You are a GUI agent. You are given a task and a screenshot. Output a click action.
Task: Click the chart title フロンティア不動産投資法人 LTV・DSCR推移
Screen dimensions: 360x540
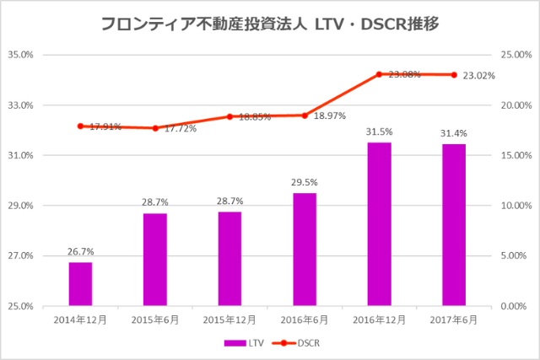269,24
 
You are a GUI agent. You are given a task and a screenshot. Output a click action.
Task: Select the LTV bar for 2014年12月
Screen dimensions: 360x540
80,284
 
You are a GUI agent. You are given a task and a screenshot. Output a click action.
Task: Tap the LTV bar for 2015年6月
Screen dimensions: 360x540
155,260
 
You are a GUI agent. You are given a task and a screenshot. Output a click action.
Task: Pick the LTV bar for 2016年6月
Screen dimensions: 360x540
305,250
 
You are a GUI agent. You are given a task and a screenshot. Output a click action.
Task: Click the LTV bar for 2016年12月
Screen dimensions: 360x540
379,224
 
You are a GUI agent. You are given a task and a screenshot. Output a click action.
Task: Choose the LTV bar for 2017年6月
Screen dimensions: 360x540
454,225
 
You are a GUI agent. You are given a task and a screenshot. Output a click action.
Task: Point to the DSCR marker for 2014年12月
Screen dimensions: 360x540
80,126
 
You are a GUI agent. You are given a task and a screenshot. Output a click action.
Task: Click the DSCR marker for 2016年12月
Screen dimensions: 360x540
379,74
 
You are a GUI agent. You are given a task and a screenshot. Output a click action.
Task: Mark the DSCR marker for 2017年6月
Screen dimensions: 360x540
454,75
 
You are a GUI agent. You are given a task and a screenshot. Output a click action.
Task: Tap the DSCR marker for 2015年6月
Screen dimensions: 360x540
155,128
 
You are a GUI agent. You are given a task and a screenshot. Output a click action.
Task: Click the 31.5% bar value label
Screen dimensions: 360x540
379,132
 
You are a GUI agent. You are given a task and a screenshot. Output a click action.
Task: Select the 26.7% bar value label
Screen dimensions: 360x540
80,251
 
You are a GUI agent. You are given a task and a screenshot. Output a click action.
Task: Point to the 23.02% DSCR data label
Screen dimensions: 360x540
478,76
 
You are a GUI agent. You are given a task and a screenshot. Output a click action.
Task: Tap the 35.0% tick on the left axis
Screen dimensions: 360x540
20,56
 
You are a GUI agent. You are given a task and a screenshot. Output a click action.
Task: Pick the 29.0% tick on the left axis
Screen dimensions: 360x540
20,206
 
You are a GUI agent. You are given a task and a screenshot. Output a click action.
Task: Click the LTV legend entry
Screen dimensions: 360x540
243,343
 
